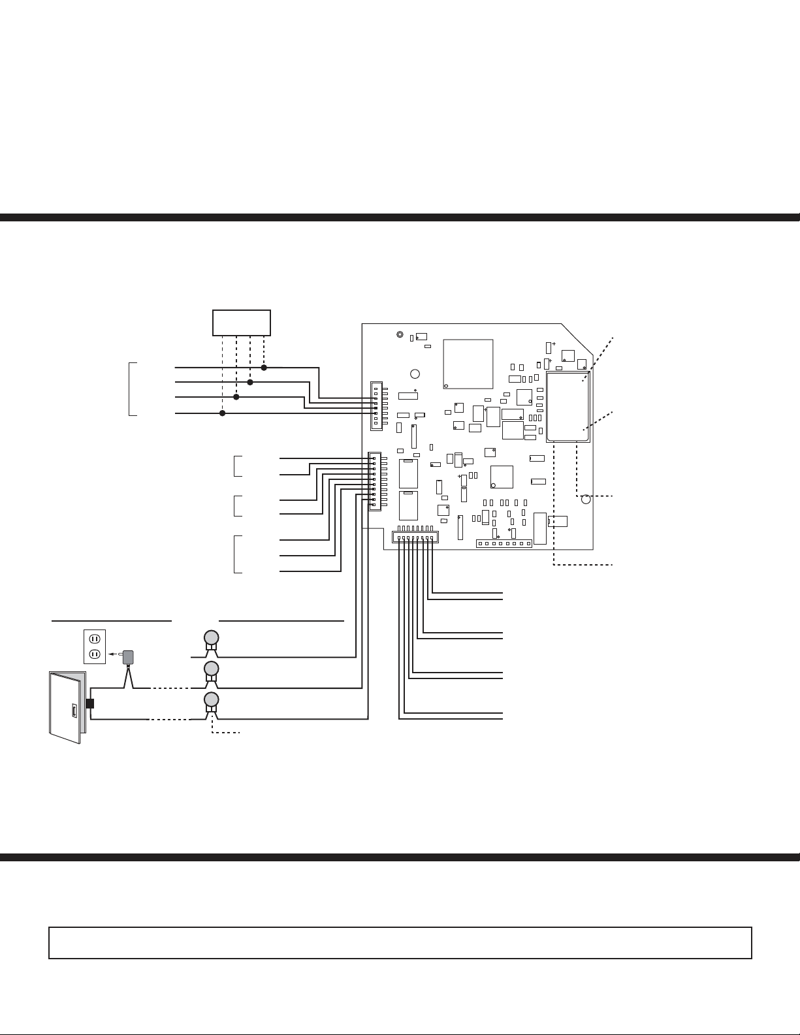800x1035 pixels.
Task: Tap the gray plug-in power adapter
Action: tap(129, 658)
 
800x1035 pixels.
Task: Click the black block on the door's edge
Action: tap(89, 704)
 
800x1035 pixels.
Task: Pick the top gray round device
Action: tap(211, 637)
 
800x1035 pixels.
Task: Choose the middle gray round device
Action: tap(211, 669)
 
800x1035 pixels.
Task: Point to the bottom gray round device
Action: tap(211, 700)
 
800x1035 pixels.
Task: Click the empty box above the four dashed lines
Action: tap(242, 323)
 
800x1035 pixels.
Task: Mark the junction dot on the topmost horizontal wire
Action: tap(264, 368)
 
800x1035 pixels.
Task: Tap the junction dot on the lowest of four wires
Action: tap(222, 413)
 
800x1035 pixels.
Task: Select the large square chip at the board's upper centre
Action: tap(468, 364)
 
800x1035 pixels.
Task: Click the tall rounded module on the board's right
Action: tap(568, 407)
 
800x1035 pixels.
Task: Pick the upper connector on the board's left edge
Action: tap(376, 406)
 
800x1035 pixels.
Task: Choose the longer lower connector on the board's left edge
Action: tap(375, 481)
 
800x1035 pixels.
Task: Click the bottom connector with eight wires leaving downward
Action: tap(415, 537)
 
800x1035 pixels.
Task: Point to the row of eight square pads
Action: tap(504, 543)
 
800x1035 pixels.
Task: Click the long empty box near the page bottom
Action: tap(400, 942)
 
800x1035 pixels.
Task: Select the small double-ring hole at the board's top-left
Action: tap(400, 335)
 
